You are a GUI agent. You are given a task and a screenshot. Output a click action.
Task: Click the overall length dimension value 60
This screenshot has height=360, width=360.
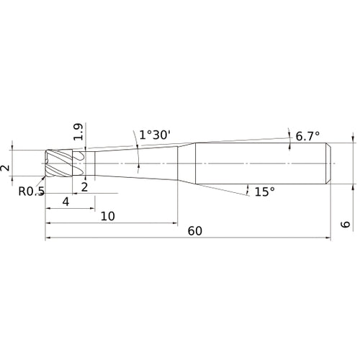(194, 230)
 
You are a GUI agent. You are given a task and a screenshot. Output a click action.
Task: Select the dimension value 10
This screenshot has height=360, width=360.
(108, 216)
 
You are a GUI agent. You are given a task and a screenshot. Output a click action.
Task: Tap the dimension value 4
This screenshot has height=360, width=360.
(66, 202)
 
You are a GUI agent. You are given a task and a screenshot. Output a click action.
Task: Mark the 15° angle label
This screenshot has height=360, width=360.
(265, 192)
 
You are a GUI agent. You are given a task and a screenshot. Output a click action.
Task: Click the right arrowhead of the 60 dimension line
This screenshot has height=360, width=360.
(328, 238)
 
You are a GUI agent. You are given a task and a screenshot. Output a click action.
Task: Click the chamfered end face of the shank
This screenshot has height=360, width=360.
(329, 164)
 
